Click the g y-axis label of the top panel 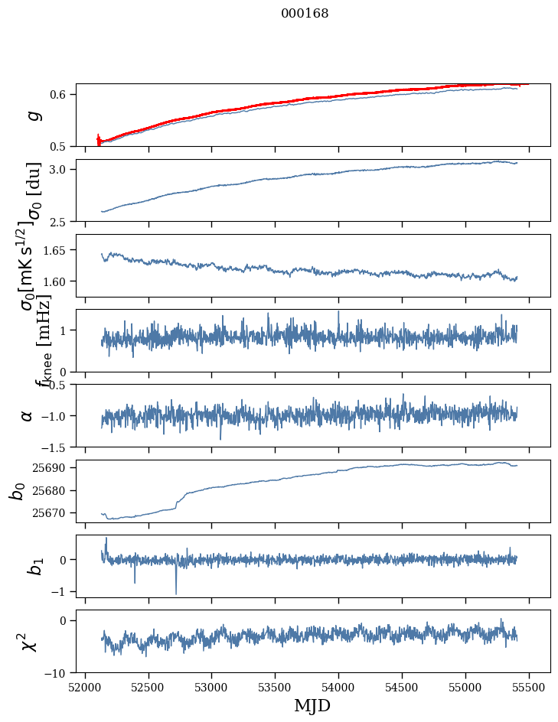click(x=32, y=115)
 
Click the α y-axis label click(x=28, y=415)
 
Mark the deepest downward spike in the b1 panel click(x=176, y=594)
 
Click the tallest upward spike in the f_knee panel click(x=338, y=311)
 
